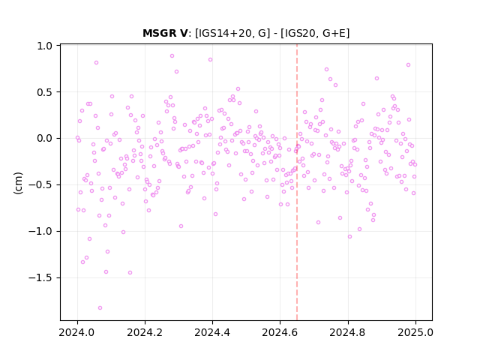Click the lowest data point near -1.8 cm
[x=100, y=308]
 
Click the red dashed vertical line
[x=297, y=182]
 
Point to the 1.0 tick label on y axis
[x=45, y=46]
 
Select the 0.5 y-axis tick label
[x=45, y=92]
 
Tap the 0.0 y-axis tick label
[x=45, y=138]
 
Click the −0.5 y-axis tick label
[x=40, y=185]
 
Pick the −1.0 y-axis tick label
[x=40, y=232]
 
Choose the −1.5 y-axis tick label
[x=40, y=278]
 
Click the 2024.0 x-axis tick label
[x=77, y=332]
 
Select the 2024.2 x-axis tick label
[x=145, y=332]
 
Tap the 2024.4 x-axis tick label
[x=212, y=332]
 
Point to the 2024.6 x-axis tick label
[x=280, y=332]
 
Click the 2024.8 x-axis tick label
[x=348, y=332]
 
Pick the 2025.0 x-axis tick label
[x=415, y=332]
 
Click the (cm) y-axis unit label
[x=18, y=183]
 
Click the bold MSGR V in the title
[x=165, y=33]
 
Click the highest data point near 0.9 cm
[x=172, y=56]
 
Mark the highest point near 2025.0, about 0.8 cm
[x=408, y=65]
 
